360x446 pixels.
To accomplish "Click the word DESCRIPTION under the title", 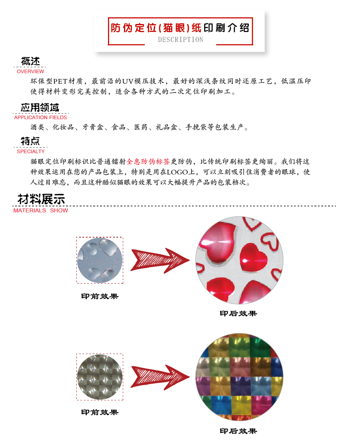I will pyautogui.click(x=180, y=40).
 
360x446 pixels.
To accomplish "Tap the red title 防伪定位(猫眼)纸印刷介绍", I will pyautogui.click(x=180, y=28).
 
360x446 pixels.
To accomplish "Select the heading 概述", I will pyautogui.click(x=30, y=62).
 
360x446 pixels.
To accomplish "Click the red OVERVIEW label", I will pyautogui.click(x=30, y=72).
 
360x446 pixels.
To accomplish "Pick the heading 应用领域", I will pyautogui.click(x=40, y=108).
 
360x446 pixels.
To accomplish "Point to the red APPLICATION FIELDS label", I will pyautogui.click(x=40, y=118).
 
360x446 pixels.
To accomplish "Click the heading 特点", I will pyautogui.click(x=30, y=141).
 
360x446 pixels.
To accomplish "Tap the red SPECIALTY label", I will pyautogui.click(x=31, y=152).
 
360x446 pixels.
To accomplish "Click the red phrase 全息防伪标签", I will pyautogui.click(x=148, y=162).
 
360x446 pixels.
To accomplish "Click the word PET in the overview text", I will pyautogui.click(x=60, y=81).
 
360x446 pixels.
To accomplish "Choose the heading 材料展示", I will pyautogui.click(x=41, y=199).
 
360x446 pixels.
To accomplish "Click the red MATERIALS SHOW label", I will pyautogui.click(x=40, y=210).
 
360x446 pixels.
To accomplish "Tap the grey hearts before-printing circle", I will pyautogui.click(x=100, y=260).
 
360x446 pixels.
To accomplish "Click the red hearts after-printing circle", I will pyautogui.click(x=239, y=260).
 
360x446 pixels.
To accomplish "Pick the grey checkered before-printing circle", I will pyautogui.click(x=100, y=377).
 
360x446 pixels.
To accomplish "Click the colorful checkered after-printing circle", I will pyautogui.click(x=239, y=377).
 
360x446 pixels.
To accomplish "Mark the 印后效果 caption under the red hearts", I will pyautogui.click(x=238, y=314).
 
